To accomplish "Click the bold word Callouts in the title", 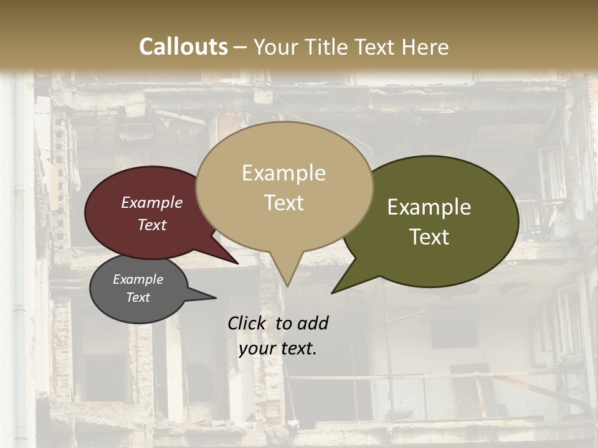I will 183,47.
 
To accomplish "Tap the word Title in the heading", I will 329,47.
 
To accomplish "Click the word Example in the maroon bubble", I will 152,202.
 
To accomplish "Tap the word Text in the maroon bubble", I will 152,225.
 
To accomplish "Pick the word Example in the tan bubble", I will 284,173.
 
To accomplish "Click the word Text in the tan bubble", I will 284,202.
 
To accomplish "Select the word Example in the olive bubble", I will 429,207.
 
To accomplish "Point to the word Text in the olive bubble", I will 429,236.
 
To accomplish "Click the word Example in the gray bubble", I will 138,279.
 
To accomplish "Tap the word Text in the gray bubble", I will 138,297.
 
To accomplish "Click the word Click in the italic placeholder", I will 247,323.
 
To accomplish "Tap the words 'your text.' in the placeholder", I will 278,348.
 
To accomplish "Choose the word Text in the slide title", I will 376,47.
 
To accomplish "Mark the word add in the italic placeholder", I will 313,323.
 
